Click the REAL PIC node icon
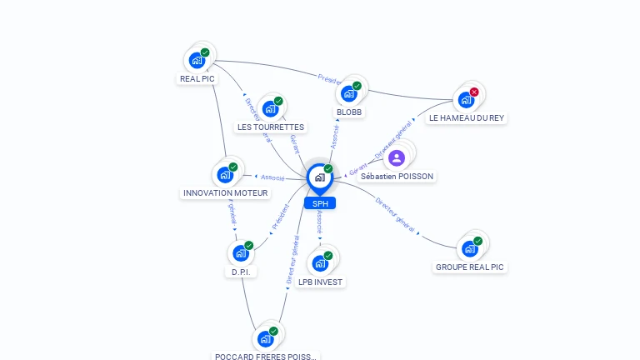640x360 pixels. tap(197, 60)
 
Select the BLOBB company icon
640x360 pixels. tap(350, 92)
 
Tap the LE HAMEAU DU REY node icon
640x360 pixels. tap(466, 100)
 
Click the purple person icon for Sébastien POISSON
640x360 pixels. tap(397, 157)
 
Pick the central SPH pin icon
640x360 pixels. tap(319, 177)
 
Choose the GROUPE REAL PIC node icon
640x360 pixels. tap(469, 248)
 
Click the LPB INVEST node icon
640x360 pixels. tap(320, 263)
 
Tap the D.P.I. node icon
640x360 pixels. tap(241, 252)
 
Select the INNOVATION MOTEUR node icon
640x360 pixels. tap(225, 174)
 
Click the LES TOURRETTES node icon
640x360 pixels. tap(270, 108)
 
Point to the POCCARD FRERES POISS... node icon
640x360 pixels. tap(265, 338)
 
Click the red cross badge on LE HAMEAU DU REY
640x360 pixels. tap(474, 92)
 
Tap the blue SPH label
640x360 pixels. tap(320, 203)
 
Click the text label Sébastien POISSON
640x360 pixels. tap(397, 177)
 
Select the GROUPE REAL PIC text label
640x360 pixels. tap(470, 267)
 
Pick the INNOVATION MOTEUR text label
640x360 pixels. tap(225, 193)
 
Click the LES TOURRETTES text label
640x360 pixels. tap(271, 127)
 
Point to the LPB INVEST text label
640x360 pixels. tap(321, 282)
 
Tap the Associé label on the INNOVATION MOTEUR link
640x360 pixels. tap(272, 177)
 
